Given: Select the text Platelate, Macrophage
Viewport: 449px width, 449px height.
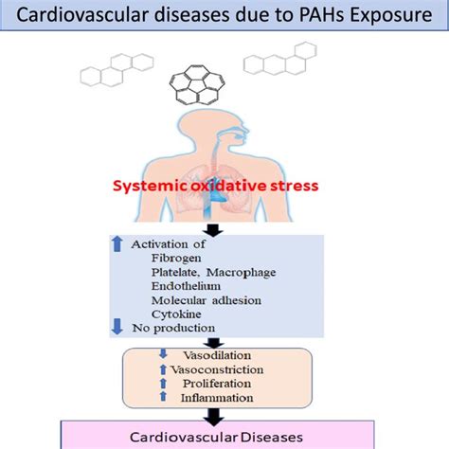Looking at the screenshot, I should pyautogui.click(x=213, y=273).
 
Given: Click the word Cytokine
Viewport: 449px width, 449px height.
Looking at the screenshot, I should pyautogui.click(x=177, y=319).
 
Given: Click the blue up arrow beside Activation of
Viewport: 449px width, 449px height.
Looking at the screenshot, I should pyautogui.click(x=117, y=243).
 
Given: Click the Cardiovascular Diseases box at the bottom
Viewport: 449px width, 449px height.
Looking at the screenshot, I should pyautogui.click(x=224, y=437).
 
